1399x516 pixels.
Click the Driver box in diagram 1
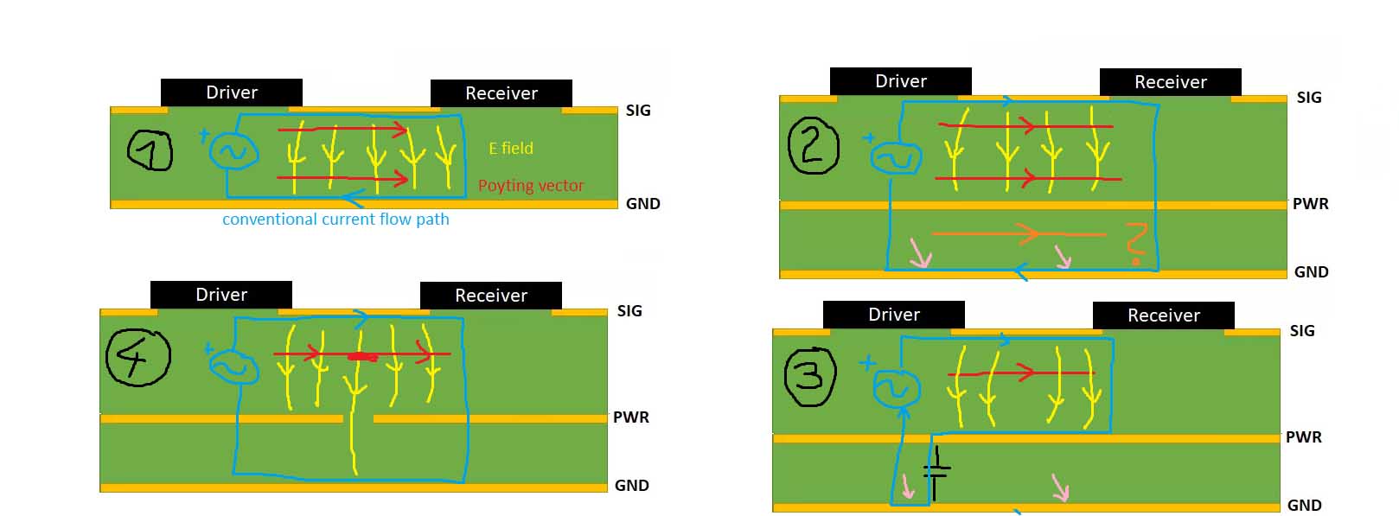(231, 92)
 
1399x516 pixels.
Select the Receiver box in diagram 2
(1170, 82)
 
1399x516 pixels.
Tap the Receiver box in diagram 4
(490, 296)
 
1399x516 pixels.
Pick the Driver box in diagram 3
(893, 315)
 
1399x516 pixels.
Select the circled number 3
(809, 376)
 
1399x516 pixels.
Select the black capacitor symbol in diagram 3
(936, 472)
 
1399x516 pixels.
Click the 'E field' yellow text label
(511, 149)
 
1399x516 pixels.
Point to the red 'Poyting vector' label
(531, 186)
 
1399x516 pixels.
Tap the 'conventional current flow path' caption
(335, 220)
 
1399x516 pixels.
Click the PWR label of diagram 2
(1310, 204)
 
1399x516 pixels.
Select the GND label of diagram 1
(642, 204)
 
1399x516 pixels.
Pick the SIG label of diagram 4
(629, 311)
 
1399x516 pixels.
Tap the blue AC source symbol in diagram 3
(895, 389)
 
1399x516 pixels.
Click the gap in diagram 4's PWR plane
(358, 419)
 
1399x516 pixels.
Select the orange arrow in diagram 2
(1019, 233)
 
